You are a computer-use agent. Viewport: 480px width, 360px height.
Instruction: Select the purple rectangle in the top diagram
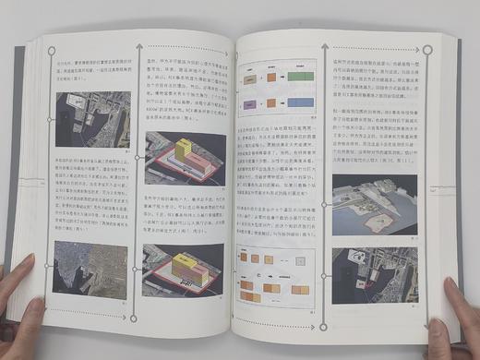[249, 103]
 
